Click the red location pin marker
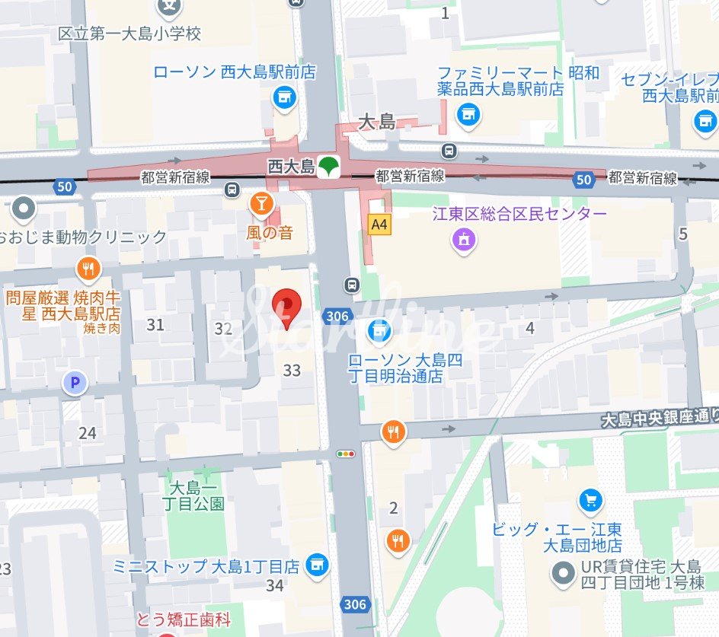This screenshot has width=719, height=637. [287, 306]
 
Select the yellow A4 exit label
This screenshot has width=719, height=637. [379, 225]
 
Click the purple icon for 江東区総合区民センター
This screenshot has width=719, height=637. [463, 241]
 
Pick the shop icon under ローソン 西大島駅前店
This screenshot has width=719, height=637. [285, 97]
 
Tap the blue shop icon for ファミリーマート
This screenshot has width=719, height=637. [468, 115]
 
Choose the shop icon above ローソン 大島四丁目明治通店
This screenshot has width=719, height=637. [379, 330]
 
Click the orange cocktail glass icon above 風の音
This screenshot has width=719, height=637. [261, 203]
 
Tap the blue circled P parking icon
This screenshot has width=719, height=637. [75, 384]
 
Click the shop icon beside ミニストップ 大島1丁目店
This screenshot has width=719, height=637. [316, 565]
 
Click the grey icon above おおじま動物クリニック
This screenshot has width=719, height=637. [24, 207]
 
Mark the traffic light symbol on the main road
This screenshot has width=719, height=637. [347, 454]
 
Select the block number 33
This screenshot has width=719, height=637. [292, 371]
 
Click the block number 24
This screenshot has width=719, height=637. [88, 433]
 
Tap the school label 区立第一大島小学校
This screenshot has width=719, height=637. [130, 34]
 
